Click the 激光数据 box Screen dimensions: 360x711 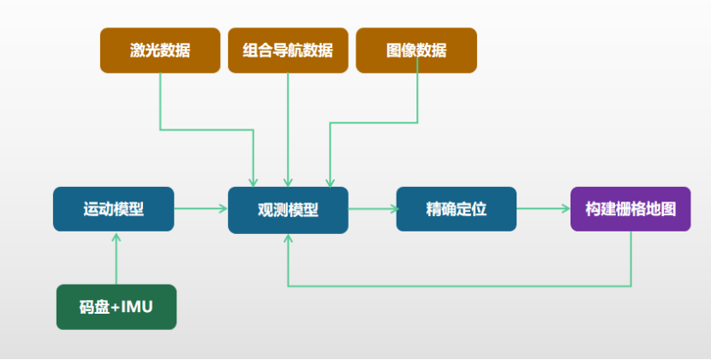[160, 51]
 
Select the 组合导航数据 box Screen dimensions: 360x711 [288, 51]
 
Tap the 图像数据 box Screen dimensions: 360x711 [416, 51]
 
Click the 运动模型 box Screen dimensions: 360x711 [113, 209]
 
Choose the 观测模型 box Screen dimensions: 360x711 [288, 210]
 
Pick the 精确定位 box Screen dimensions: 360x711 [456, 209]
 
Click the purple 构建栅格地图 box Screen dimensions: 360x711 [630, 209]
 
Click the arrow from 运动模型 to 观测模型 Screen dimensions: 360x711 [200, 208]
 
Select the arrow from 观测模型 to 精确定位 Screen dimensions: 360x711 [372, 208]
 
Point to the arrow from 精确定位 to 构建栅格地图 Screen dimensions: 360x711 [543, 208]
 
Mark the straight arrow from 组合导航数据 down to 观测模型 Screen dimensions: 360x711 [288, 129]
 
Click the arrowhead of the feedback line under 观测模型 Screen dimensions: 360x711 [288, 239]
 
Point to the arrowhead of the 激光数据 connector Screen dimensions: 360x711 [254, 182]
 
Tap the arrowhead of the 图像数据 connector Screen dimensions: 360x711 [329, 182]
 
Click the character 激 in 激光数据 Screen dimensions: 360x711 [138, 51]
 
